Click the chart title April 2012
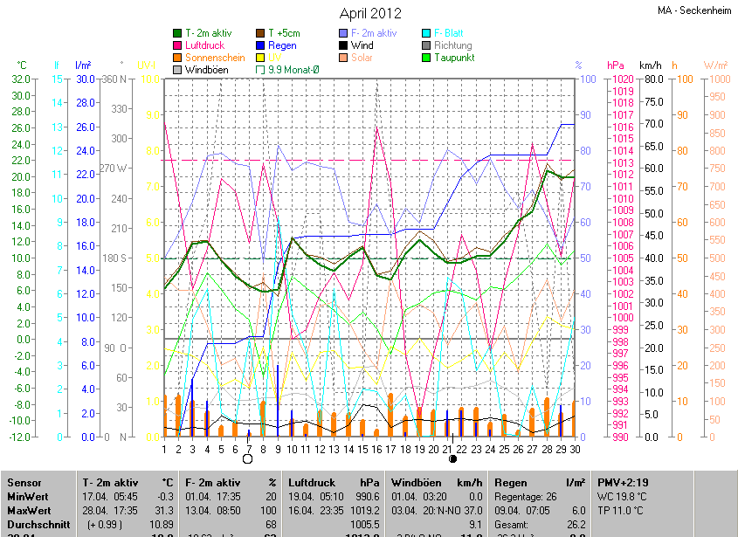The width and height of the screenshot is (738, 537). pyautogui.click(x=370, y=13)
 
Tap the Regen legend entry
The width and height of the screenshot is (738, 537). pyautogui.click(x=282, y=45)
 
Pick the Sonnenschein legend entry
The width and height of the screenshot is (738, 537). pyautogui.click(x=215, y=58)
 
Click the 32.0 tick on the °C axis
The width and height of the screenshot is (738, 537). pyautogui.click(x=21, y=79)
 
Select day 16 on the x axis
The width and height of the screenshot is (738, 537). pyautogui.click(x=376, y=449)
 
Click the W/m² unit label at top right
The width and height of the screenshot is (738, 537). pyautogui.click(x=715, y=65)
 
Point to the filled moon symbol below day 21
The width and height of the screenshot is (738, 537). pyautogui.click(x=452, y=458)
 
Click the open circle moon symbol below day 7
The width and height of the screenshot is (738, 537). pyautogui.click(x=247, y=458)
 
